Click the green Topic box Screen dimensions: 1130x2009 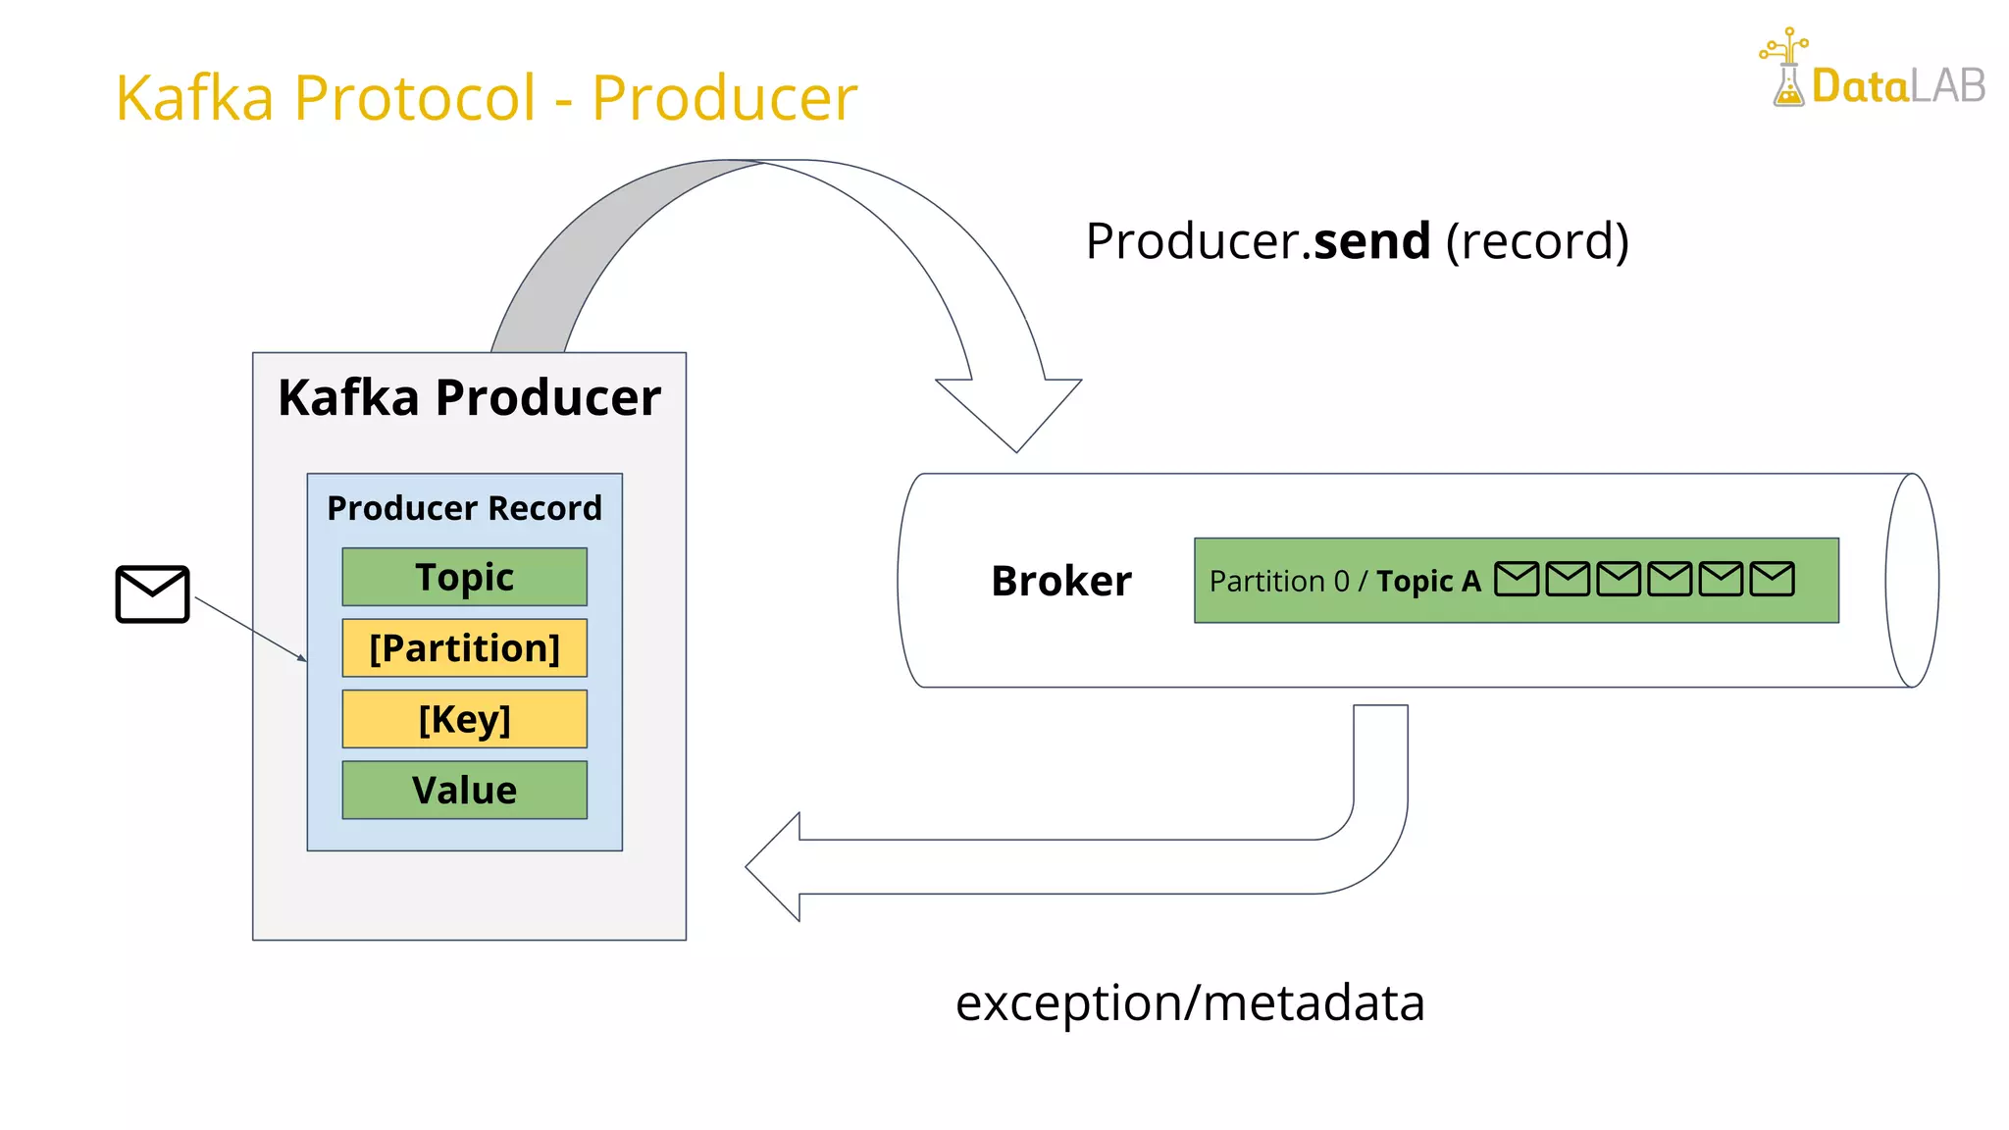tap(464, 577)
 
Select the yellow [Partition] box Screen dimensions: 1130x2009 tap(464, 647)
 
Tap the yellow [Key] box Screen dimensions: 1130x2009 tap(464, 719)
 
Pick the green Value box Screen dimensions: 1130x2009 tap(464, 790)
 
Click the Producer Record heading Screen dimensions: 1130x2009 tap(464, 508)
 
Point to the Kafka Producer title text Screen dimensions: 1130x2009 tap(469, 397)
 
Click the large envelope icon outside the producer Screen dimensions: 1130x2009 tap(152, 593)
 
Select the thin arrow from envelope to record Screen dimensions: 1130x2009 tap(250, 629)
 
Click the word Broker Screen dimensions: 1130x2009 tap(1060, 581)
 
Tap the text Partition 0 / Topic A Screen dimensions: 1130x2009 tap(1344, 581)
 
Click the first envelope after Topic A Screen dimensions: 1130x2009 tap(1517, 579)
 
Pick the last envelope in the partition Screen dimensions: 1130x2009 tap(1772, 579)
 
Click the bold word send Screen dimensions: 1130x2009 tap(1371, 241)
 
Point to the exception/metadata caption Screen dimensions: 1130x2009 tap(1190, 1002)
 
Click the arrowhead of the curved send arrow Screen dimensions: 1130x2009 tap(1011, 412)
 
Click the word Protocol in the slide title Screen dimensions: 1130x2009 tap(415, 98)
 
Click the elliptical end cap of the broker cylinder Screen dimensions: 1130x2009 tap(1912, 581)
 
